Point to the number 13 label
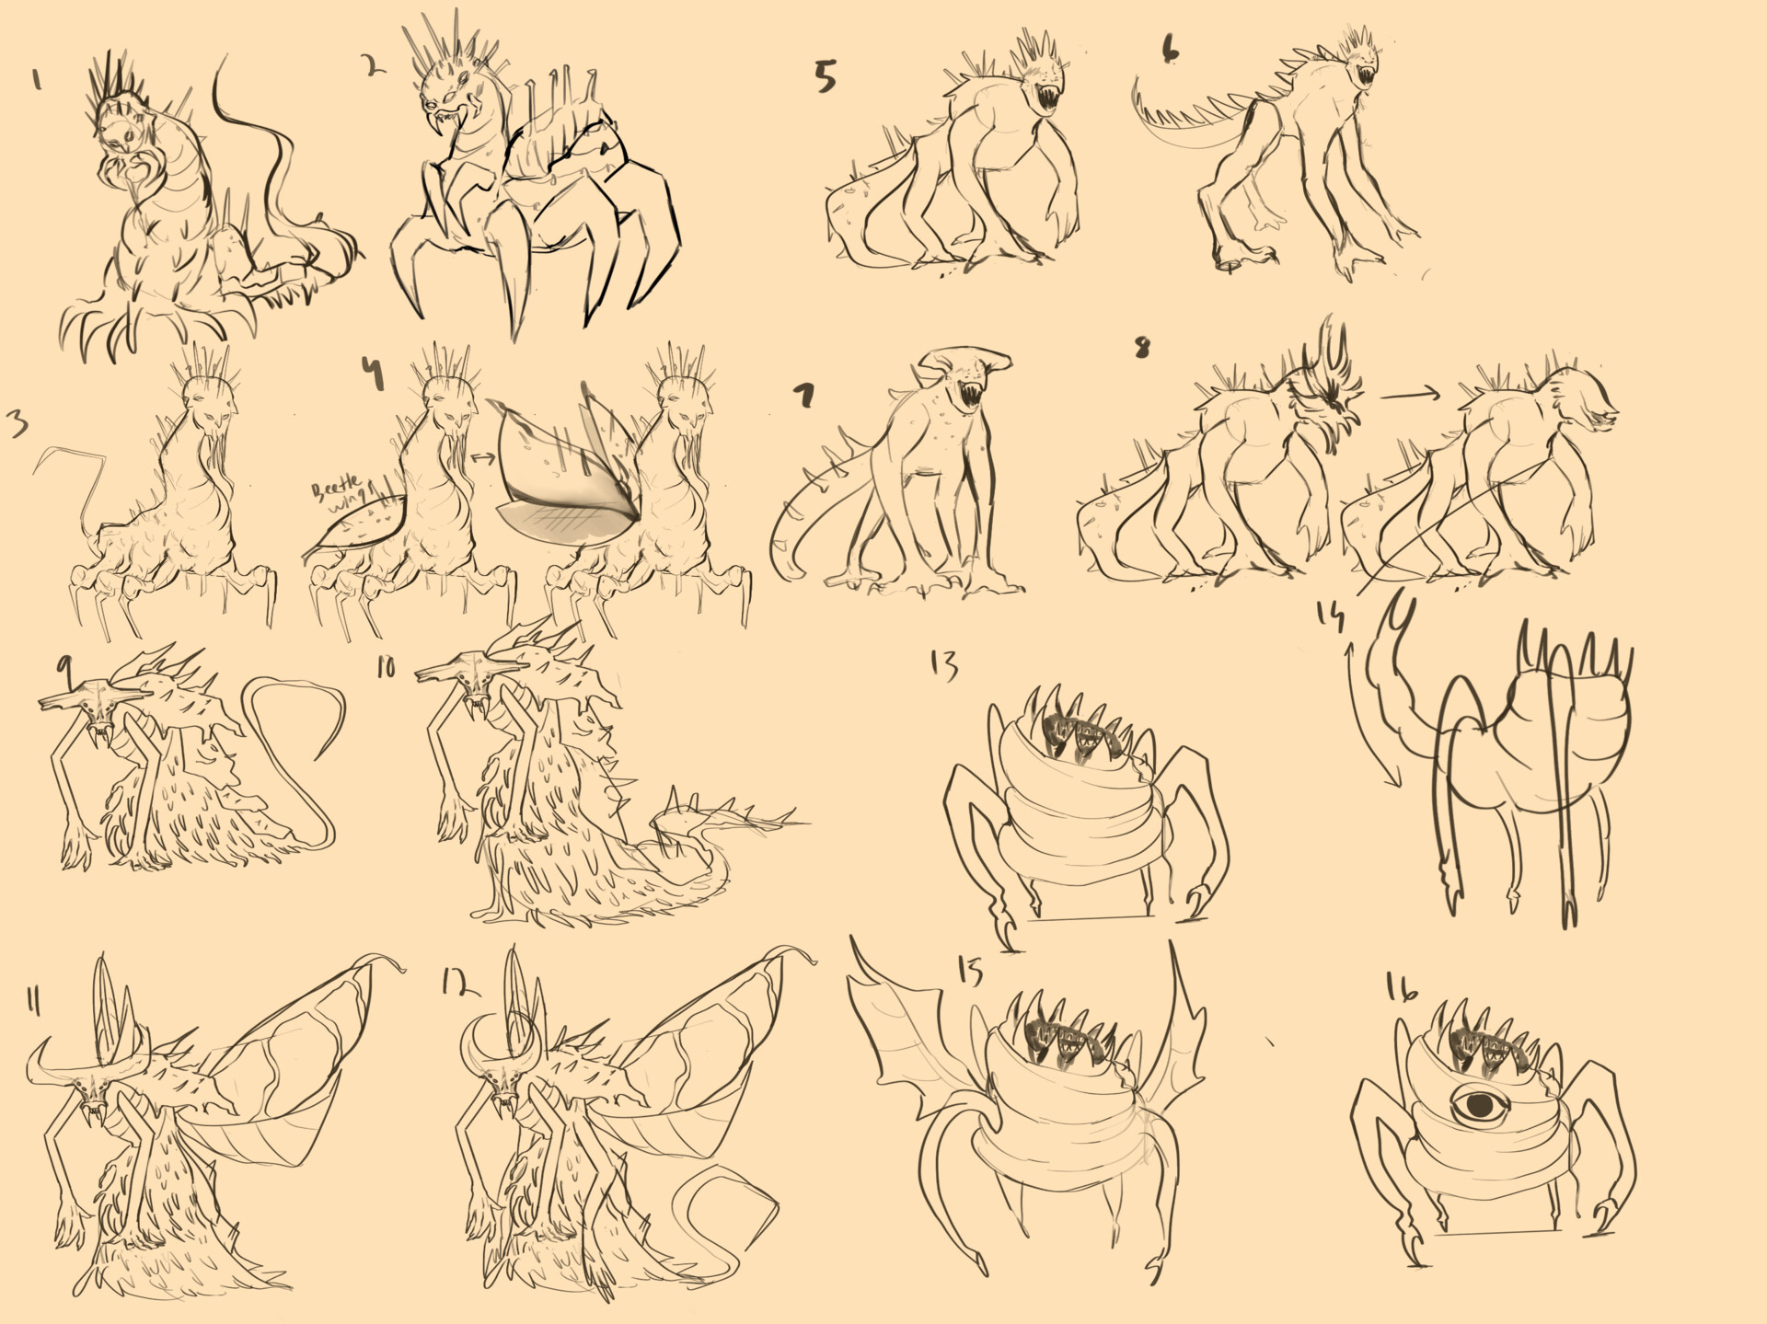943,664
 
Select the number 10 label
386,666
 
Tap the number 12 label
459,984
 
